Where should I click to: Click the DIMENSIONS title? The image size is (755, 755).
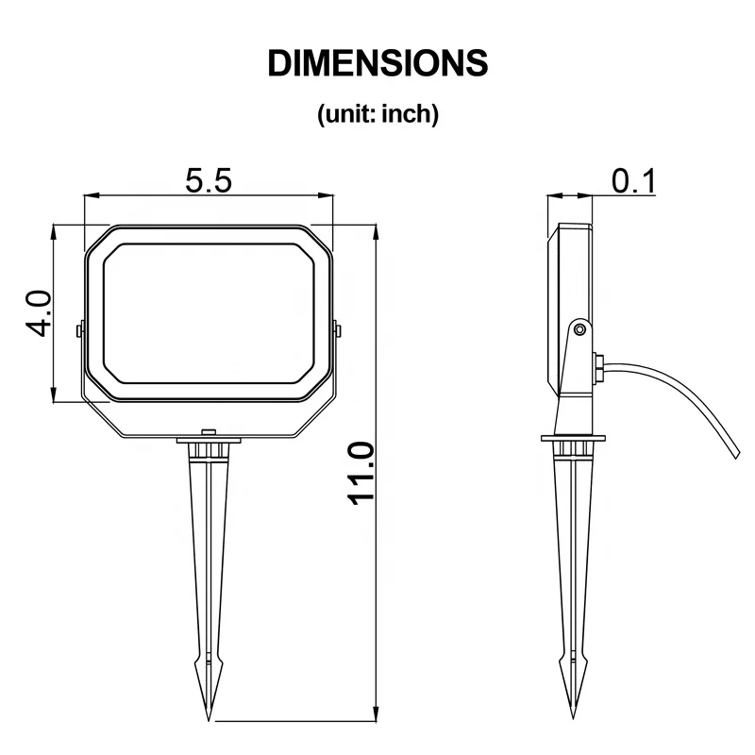coord(377,63)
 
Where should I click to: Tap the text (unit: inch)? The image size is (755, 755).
coord(378,114)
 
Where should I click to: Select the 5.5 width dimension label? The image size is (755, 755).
coord(209,180)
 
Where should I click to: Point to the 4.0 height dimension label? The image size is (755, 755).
coord(38,313)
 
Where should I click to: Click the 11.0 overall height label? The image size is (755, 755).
coord(361,474)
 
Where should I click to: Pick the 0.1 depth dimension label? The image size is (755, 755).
coord(633,181)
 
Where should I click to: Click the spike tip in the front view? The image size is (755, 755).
coord(209,719)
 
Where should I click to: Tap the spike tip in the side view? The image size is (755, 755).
coord(573,717)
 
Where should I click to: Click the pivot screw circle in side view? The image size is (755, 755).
coord(580,329)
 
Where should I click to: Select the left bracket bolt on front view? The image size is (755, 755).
coord(79,331)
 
